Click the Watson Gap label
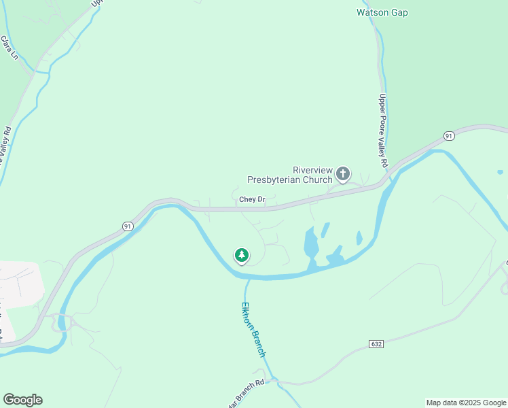pyautogui.click(x=382, y=12)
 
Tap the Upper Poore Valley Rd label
pyautogui.click(x=383, y=131)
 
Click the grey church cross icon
pyautogui.click(x=343, y=174)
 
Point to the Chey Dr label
pyautogui.click(x=251, y=200)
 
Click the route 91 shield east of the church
pyautogui.click(x=449, y=136)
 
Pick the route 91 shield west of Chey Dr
pyautogui.click(x=128, y=226)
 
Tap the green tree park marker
pyautogui.click(x=241, y=255)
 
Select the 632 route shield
pyautogui.click(x=376, y=344)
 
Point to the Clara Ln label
pyautogui.click(x=10, y=48)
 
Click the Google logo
pyautogui.click(x=22, y=400)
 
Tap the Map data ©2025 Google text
pyautogui.click(x=466, y=403)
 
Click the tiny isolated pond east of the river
pyautogui.click(x=501, y=172)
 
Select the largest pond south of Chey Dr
pyautogui.click(x=310, y=242)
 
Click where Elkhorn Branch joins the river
pyautogui.click(x=249, y=277)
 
